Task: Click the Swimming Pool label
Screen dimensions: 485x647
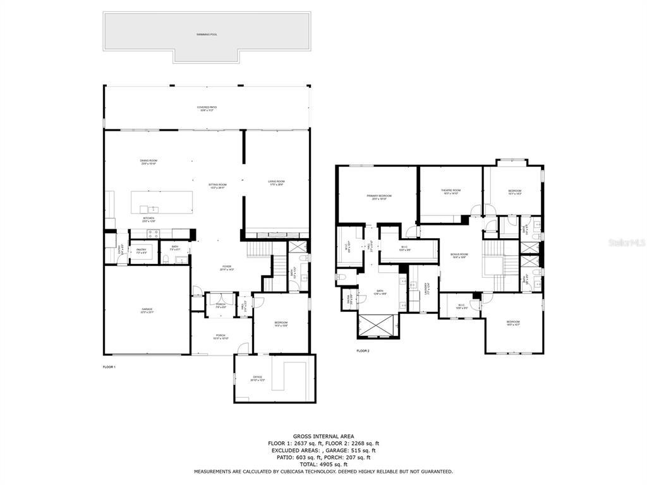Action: (207, 35)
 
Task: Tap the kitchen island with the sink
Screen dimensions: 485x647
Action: (162, 202)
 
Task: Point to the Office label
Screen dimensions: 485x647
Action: (257, 378)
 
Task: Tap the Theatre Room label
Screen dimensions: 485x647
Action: (450, 191)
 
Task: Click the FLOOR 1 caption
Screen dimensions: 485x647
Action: (109, 367)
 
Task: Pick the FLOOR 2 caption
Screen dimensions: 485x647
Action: (363, 350)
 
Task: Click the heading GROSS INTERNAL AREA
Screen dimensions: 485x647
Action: (323, 436)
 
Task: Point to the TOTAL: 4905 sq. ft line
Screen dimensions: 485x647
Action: (323, 464)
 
